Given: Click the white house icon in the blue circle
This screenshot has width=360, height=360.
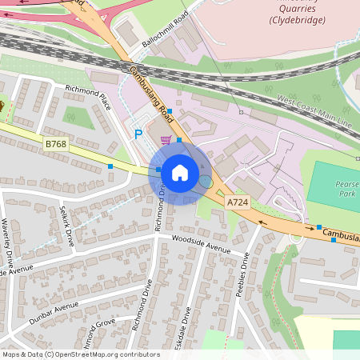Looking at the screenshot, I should pyautogui.click(x=180, y=173).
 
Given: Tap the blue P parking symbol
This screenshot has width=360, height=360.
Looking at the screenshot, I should pyautogui.click(x=138, y=135).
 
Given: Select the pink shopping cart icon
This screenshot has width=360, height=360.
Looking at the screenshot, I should pyautogui.click(x=166, y=140).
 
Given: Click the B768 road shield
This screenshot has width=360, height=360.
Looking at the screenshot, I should pyautogui.click(x=55, y=144).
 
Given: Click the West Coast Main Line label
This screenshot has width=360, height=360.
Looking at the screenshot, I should pyautogui.click(x=314, y=111).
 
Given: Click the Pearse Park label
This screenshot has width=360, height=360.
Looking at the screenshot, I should pyautogui.click(x=346, y=189).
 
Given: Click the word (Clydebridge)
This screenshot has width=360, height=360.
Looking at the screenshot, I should pyautogui.click(x=298, y=19).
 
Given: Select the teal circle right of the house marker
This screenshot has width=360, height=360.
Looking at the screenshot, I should pyautogui.click(x=206, y=182).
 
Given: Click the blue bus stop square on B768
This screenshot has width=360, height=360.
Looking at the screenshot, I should pyautogui.click(x=110, y=166).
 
